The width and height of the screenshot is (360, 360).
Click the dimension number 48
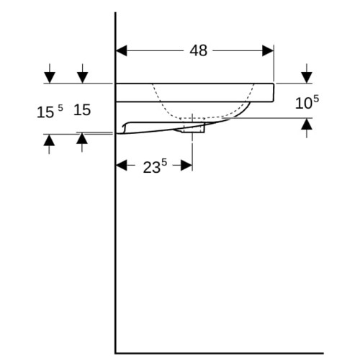(x=199, y=50)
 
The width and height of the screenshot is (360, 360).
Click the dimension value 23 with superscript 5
(x=155, y=166)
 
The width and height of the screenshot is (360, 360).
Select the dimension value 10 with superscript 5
(x=307, y=102)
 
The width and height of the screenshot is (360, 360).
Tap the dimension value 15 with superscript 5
(x=50, y=112)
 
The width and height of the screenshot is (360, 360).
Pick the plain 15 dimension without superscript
(x=82, y=110)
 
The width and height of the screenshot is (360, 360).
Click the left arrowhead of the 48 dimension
(x=122, y=50)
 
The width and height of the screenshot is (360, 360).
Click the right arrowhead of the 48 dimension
(x=268, y=50)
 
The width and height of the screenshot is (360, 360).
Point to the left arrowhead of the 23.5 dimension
(x=122, y=166)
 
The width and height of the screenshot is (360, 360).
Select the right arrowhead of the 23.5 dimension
(x=186, y=166)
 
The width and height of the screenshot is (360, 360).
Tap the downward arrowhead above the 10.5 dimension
(x=307, y=78)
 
